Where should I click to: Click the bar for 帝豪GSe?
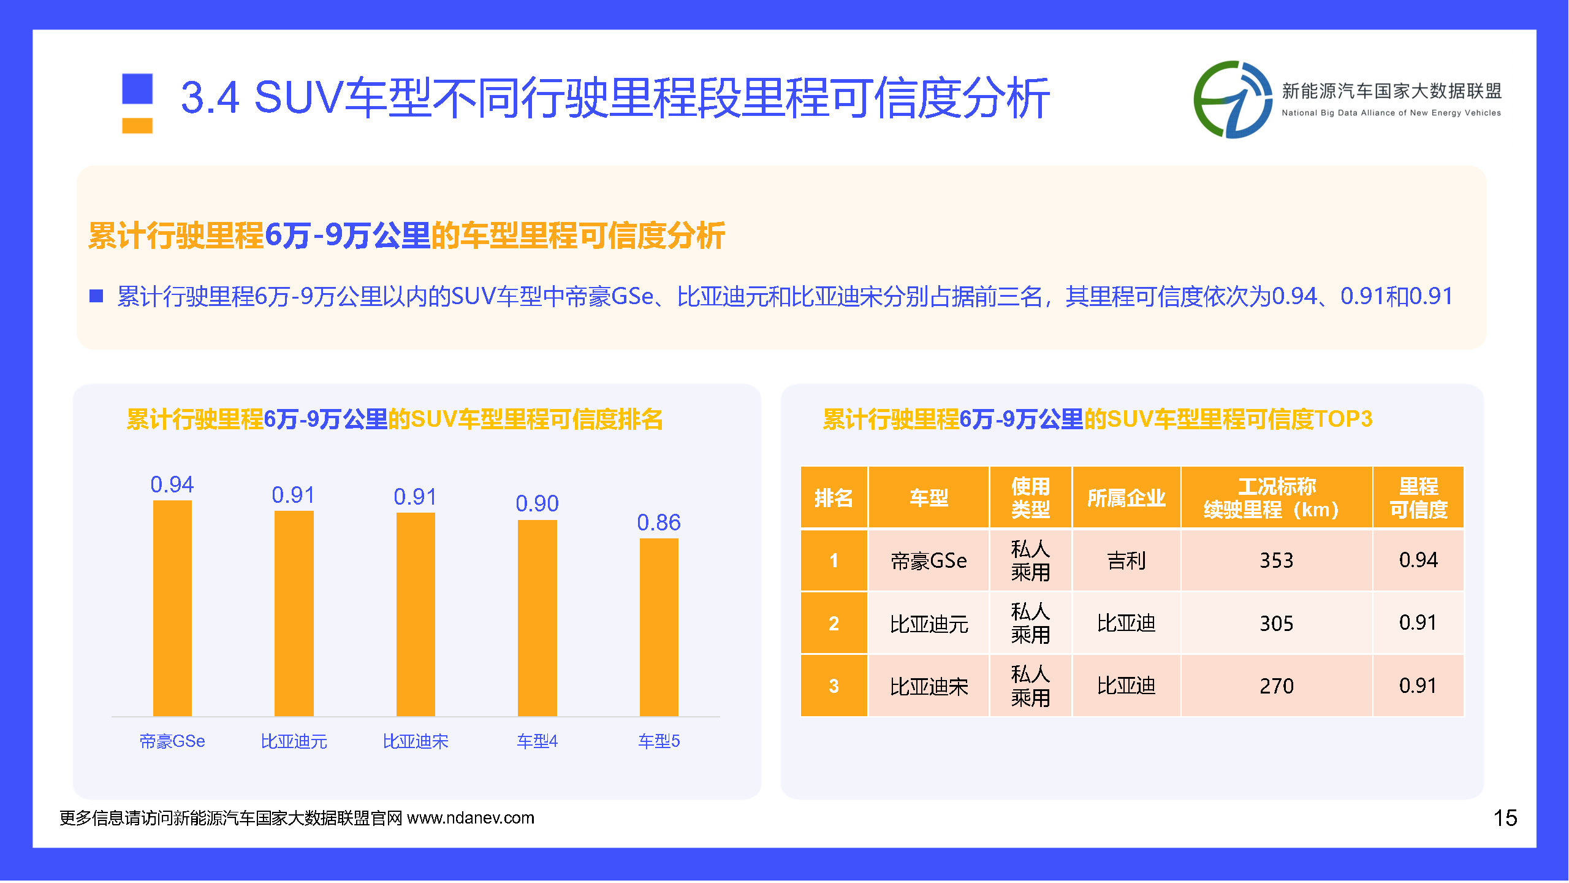(172, 608)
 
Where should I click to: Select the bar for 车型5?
(659, 627)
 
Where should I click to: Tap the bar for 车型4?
(538, 618)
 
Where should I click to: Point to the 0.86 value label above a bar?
(659, 522)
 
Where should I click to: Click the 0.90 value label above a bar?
(538, 503)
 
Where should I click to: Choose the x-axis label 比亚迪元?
(294, 741)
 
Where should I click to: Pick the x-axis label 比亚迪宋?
(416, 741)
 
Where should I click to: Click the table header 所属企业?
(1126, 498)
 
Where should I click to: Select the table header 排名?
(834, 498)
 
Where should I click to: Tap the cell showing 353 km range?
(1277, 560)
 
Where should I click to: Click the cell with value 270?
(1277, 686)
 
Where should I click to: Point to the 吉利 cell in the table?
(1126, 560)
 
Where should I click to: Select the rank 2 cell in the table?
(834, 623)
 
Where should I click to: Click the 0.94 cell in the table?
(1418, 560)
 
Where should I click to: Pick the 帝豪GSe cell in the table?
(929, 560)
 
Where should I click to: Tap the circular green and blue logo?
(1233, 99)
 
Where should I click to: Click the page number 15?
(1505, 818)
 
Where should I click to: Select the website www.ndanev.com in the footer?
(471, 818)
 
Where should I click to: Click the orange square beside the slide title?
(137, 126)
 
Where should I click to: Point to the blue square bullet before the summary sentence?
(96, 296)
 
